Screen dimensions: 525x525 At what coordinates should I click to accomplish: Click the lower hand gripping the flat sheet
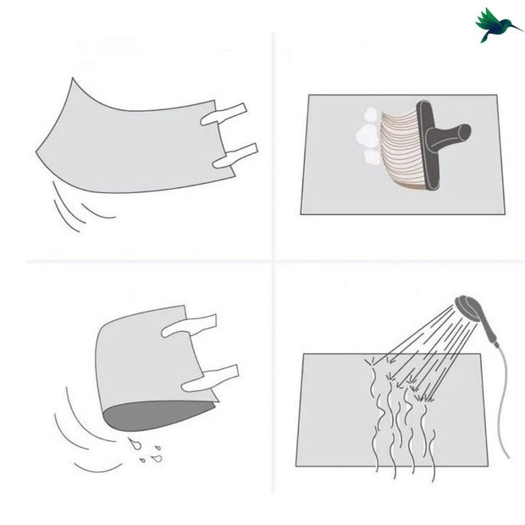pos(233,156)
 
